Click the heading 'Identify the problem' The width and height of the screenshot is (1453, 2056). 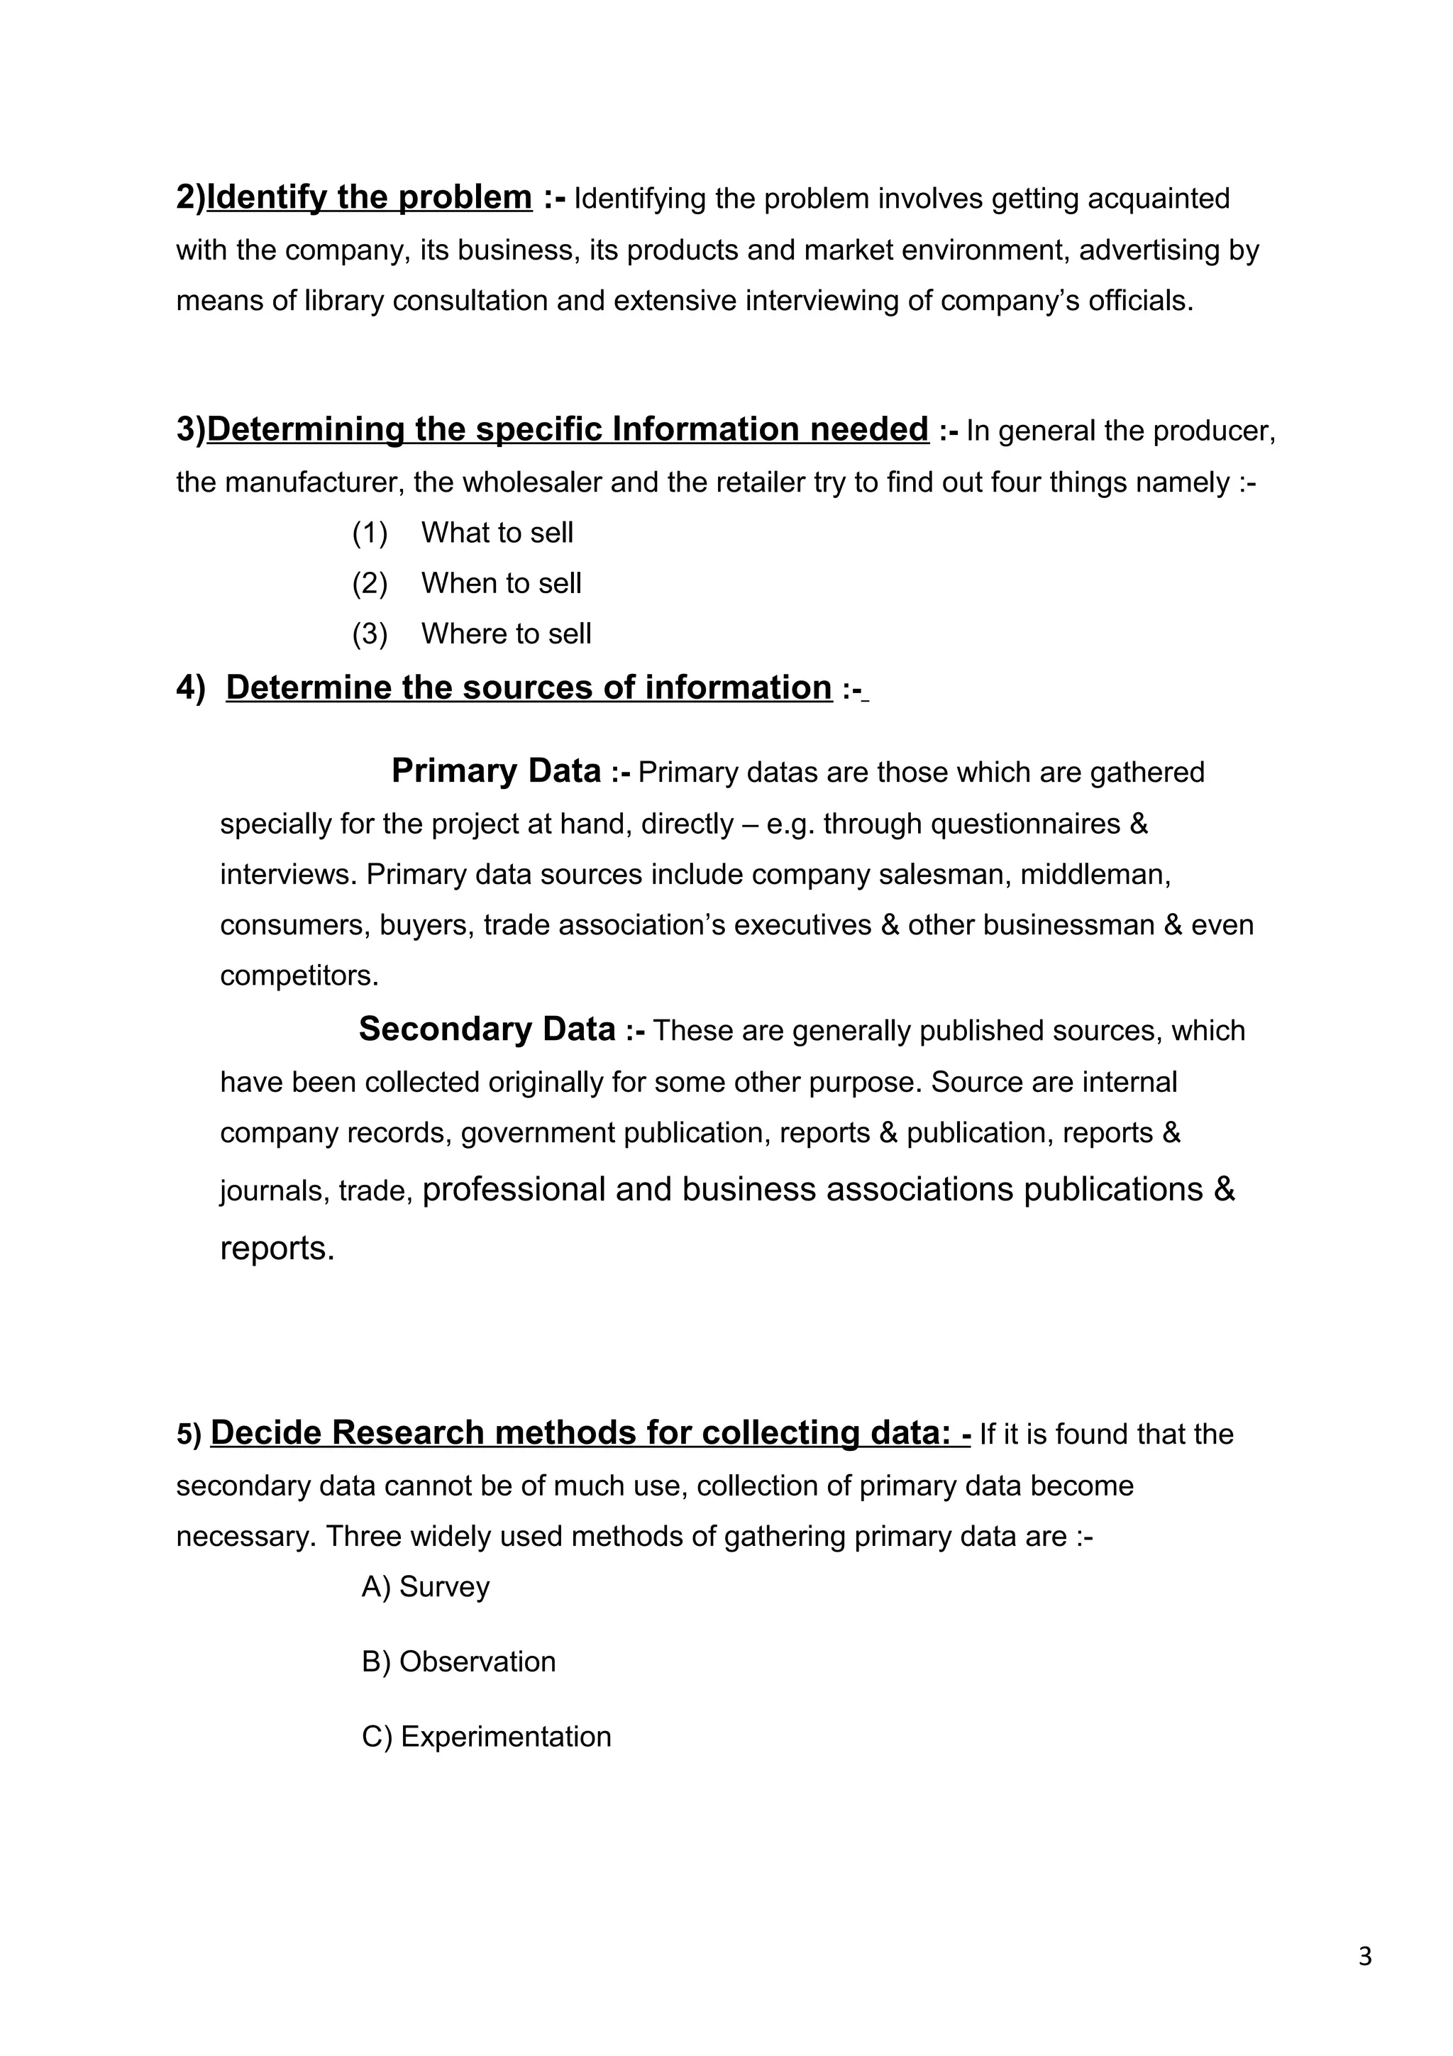pos(369,197)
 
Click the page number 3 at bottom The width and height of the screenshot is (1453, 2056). pos(1364,1957)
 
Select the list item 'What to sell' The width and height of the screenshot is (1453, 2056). pos(497,533)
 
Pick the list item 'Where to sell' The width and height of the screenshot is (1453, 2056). pos(506,634)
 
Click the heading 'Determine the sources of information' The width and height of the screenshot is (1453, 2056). pos(528,687)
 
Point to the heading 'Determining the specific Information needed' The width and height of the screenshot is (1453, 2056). pos(567,430)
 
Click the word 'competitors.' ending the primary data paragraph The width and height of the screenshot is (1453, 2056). pos(299,976)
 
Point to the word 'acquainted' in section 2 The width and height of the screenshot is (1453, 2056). pos(1159,199)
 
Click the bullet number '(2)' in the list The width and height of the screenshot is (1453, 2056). pos(370,584)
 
